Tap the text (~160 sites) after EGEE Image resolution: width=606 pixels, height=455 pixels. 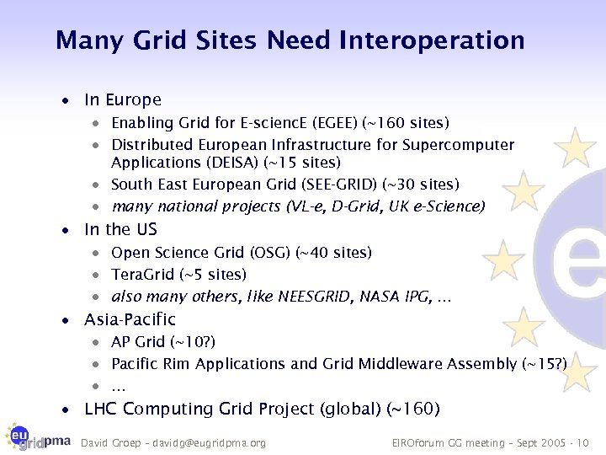405,123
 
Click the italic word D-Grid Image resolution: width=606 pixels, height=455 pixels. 360,206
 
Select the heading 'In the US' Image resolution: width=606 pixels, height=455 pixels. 120,229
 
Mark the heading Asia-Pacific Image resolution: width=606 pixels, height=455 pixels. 130,319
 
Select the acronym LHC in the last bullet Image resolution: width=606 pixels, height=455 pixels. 102,409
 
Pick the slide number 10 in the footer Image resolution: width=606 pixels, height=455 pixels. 584,442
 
